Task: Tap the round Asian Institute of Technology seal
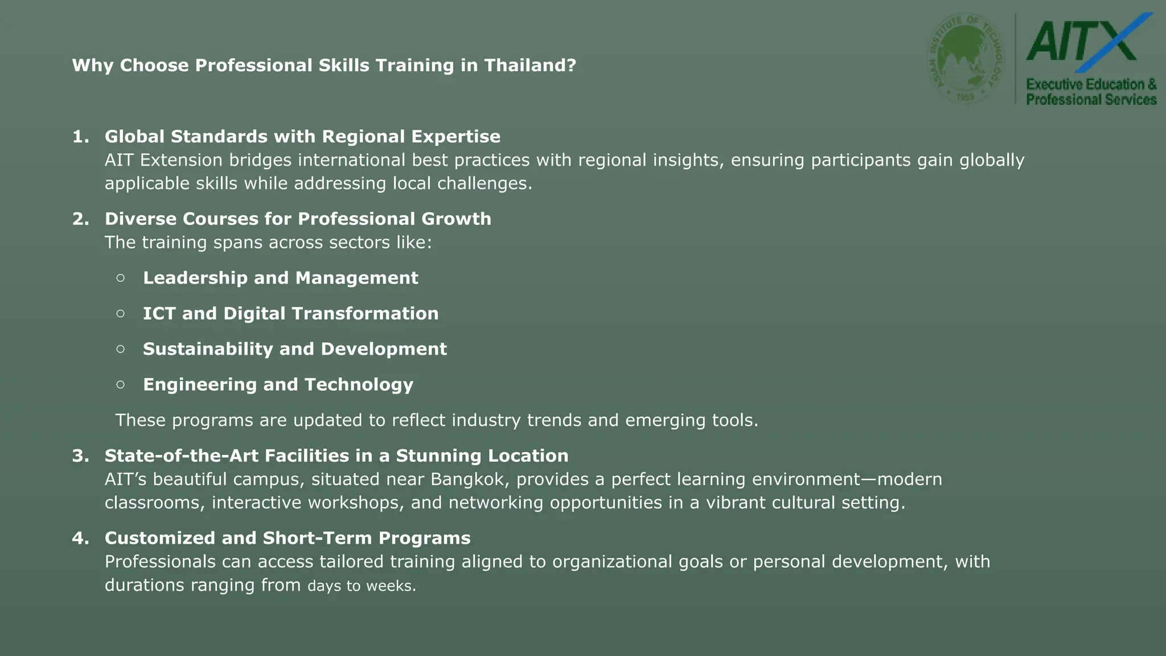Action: tap(966, 58)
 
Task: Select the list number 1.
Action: tap(80, 137)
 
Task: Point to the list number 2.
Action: tap(80, 219)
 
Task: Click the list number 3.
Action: tap(80, 456)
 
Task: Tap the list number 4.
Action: tap(80, 538)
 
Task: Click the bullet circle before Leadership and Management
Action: tap(120, 278)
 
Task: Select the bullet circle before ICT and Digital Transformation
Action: tap(120, 313)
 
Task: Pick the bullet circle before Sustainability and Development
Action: tap(120, 349)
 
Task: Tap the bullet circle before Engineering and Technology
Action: tap(120, 384)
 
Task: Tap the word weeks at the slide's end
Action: tap(391, 586)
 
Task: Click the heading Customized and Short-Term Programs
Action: tap(288, 538)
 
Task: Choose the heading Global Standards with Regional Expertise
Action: tap(302, 137)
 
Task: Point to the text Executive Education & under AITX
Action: tap(1091, 84)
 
